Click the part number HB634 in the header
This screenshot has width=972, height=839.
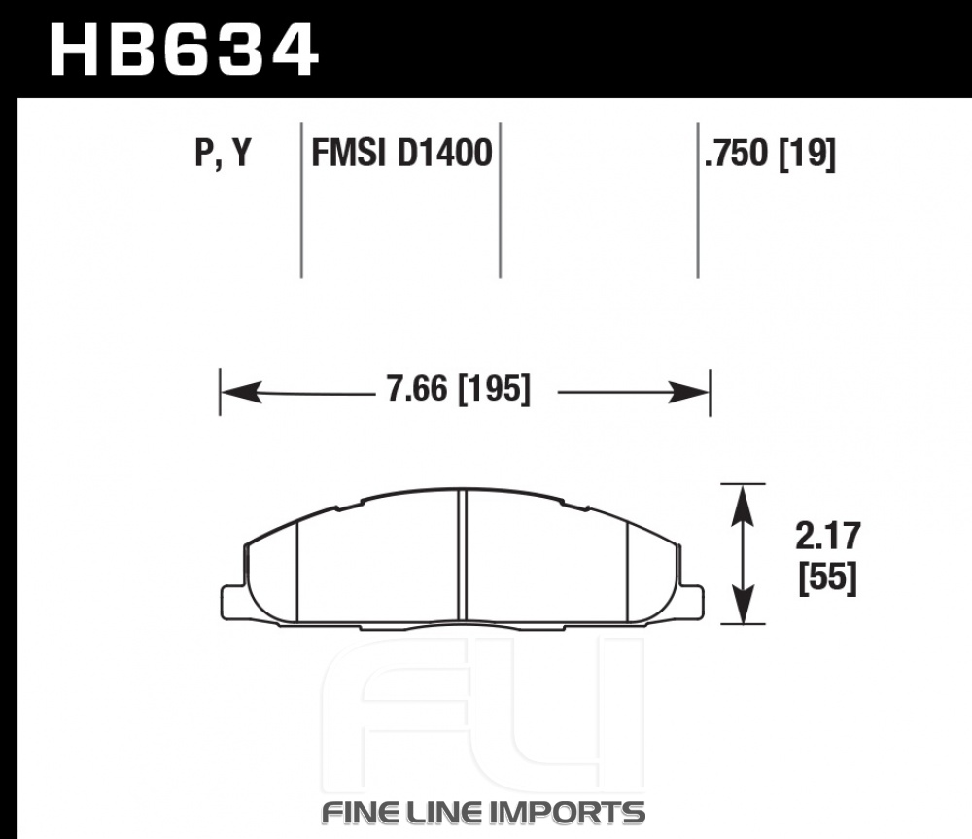point(184,51)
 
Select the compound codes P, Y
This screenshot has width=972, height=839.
point(224,153)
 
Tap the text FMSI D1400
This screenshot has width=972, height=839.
point(401,153)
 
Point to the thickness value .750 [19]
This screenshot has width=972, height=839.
point(770,154)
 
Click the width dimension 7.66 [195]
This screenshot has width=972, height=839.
point(458,390)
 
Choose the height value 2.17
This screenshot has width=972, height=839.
point(828,537)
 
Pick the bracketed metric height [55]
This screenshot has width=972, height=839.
point(827,577)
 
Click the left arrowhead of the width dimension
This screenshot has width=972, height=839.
point(241,393)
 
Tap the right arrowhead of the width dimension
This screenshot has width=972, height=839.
point(688,393)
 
